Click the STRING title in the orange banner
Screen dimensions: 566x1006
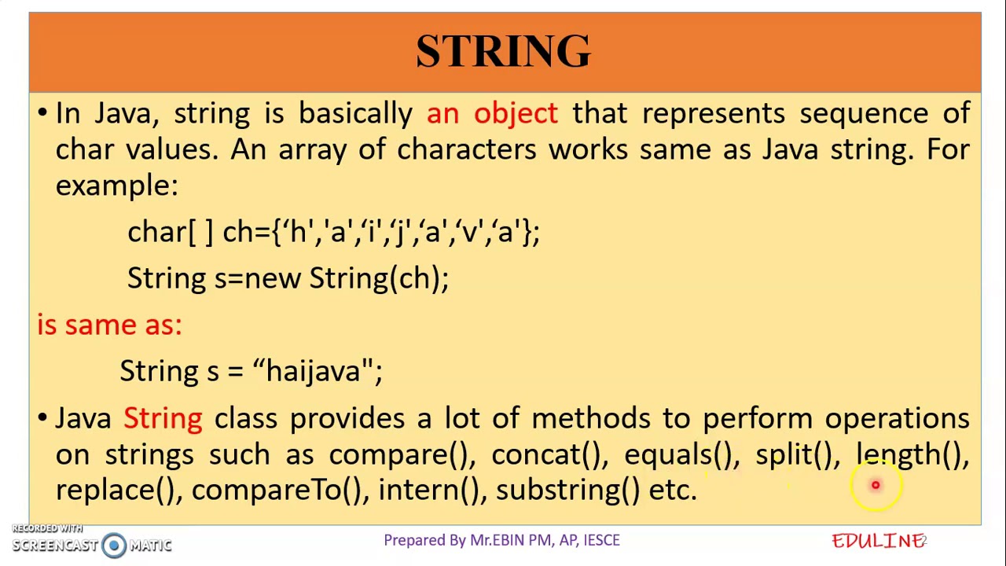pyautogui.click(x=503, y=51)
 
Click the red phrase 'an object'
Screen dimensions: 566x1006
pyautogui.click(x=492, y=113)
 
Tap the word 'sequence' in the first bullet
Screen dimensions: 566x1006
pyautogui.click(x=863, y=113)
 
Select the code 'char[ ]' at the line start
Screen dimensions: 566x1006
pyautogui.click(x=170, y=232)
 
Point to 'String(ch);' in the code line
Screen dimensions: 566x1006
pyautogui.click(x=379, y=278)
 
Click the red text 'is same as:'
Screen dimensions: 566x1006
pyautogui.click(x=109, y=325)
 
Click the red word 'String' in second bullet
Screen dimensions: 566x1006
pyautogui.click(x=163, y=418)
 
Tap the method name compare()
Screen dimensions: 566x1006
pyautogui.click(x=398, y=454)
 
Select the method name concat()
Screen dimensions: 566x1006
pyautogui.click(x=546, y=454)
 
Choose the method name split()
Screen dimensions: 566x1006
pyautogui.click(x=793, y=454)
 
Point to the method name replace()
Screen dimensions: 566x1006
pyautogui.click(x=116, y=490)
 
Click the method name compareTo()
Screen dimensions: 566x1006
pyautogui.click(x=277, y=490)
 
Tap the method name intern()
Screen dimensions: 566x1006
pyautogui.click(x=428, y=490)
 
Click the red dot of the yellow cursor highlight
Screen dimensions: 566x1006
pyautogui.click(x=875, y=485)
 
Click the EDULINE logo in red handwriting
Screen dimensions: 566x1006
pyautogui.click(x=877, y=541)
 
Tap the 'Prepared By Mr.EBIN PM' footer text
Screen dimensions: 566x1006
pyautogui.click(x=501, y=540)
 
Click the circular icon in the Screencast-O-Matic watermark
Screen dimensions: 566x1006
pyautogui.click(x=114, y=545)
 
